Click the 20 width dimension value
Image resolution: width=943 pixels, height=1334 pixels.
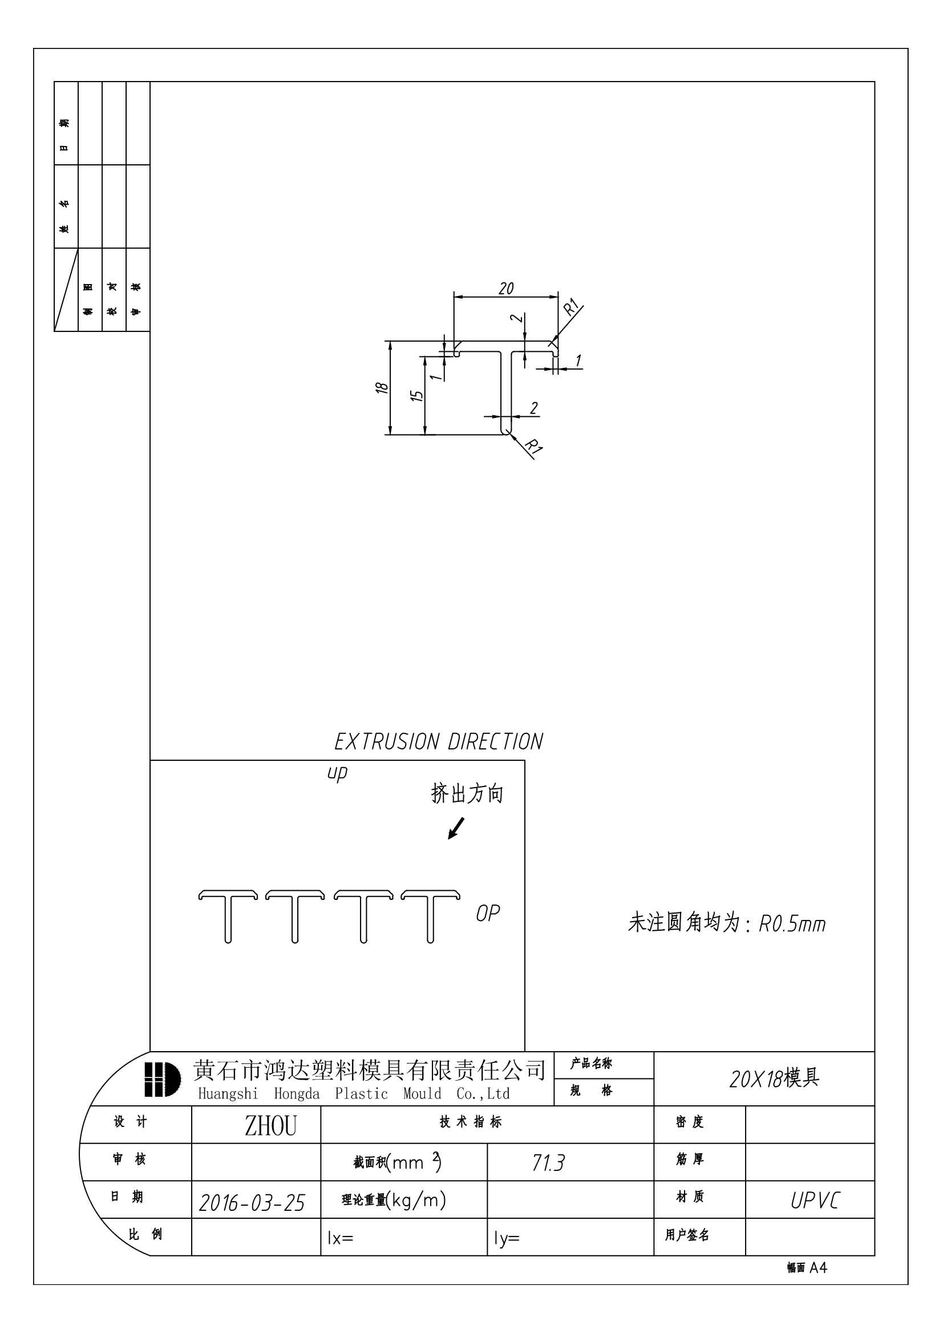[x=506, y=289]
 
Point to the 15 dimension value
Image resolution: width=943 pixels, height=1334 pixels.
[x=416, y=396]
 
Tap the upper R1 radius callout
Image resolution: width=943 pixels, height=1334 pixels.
[x=571, y=307]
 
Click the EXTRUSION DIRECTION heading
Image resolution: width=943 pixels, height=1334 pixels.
[x=439, y=742]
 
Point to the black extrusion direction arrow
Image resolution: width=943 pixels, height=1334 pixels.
[x=456, y=829]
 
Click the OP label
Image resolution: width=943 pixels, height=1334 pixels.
[x=488, y=914]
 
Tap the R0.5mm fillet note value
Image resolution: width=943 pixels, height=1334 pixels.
[x=792, y=925]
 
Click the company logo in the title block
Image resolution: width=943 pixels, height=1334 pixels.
[x=162, y=1080]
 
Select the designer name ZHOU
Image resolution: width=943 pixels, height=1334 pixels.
[x=271, y=1126]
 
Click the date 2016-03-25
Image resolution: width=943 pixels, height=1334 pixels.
[x=252, y=1203]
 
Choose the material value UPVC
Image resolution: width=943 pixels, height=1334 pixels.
[x=815, y=1201]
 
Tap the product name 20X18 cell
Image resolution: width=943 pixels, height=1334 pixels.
[x=774, y=1078]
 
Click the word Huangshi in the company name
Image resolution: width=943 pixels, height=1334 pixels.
[x=228, y=1094]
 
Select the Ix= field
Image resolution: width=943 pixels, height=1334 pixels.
[x=341, y=1238]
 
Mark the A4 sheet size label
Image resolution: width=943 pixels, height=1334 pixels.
[x=818, y=1268]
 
